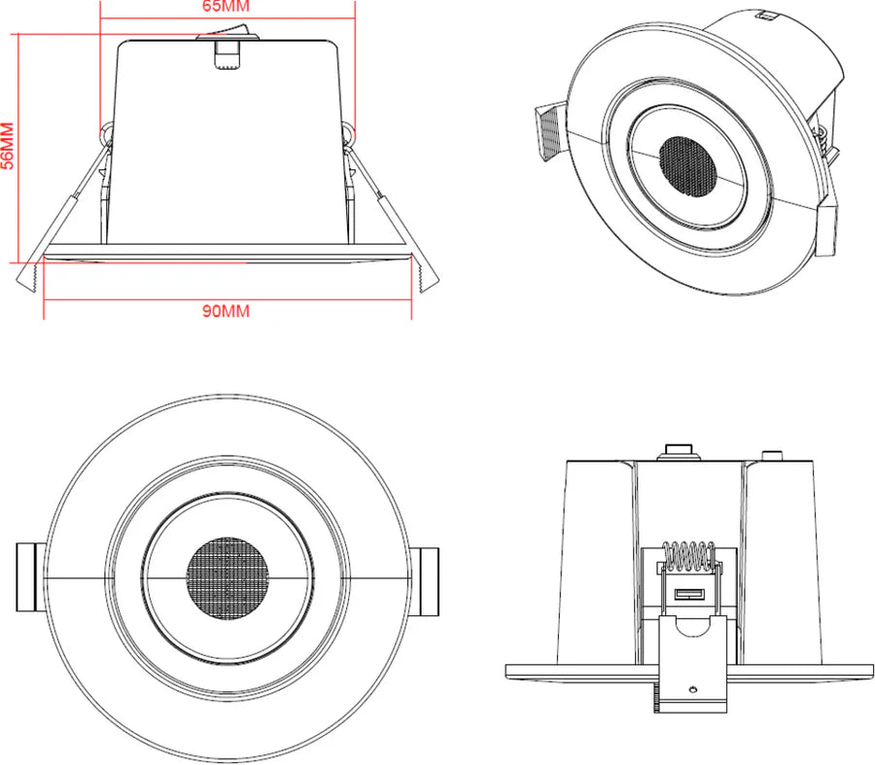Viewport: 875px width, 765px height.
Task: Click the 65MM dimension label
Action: [x=226, y=8]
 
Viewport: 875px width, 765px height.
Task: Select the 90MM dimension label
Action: [x=226, y=311]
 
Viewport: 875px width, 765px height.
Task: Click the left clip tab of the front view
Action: [x=29, y=579]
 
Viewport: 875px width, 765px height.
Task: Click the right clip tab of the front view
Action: [x=425, y=579]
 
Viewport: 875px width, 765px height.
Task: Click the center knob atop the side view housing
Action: [x=678, y=451]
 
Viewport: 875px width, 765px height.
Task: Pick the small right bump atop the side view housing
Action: [x=771, y=454]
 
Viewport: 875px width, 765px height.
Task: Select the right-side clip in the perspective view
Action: [x=827, y=225]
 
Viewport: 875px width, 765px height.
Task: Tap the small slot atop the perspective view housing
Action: [x=766, y=15]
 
